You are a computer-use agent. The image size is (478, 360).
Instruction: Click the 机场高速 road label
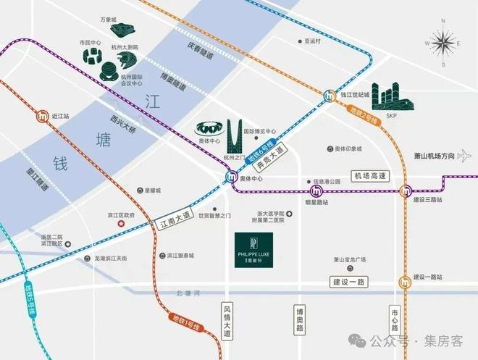[371, 176]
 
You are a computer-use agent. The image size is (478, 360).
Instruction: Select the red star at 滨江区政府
[120, 225]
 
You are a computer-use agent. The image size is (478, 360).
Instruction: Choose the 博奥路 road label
[299, 321]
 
